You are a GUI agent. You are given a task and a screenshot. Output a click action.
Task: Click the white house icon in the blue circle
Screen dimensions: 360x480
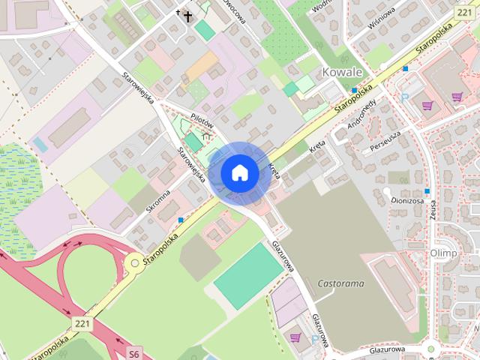[239, 172]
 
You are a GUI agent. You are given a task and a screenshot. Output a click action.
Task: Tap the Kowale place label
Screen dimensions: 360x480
[341, 73]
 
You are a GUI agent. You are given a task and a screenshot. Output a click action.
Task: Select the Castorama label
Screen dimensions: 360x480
[340, 284]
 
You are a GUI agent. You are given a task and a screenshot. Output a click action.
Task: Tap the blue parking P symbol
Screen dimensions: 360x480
[404, 97]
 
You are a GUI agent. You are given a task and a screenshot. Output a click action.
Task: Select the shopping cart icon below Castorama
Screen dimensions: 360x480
[295, 337]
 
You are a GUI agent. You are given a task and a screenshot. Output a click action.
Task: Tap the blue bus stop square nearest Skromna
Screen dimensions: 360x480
[181, 220]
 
